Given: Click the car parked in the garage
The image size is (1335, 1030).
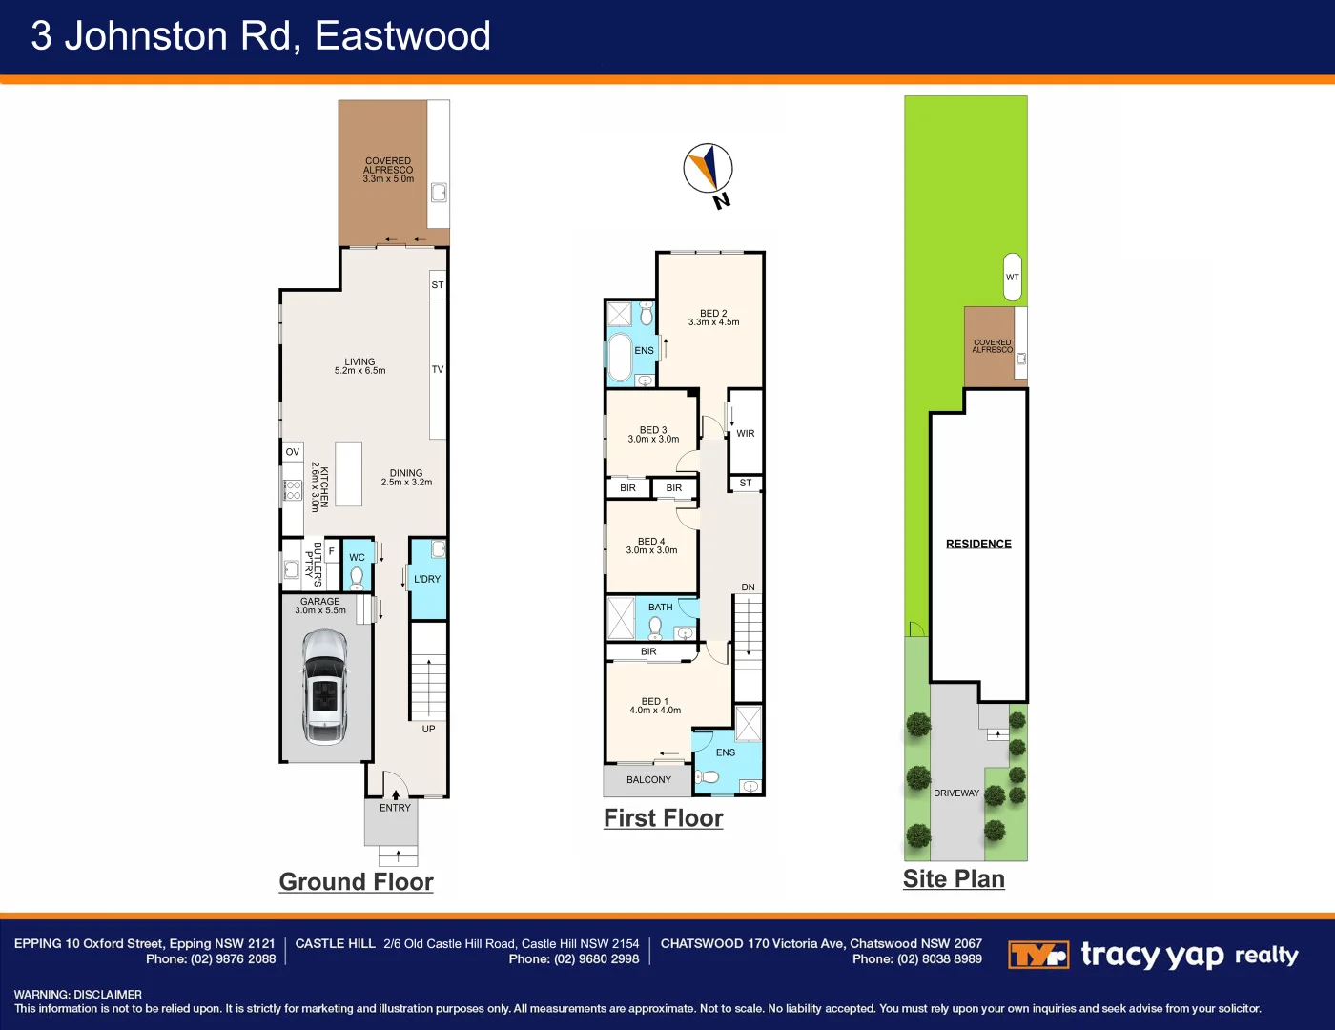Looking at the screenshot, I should pos(324,687).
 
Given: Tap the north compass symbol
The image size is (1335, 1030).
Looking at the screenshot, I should pos(709,170).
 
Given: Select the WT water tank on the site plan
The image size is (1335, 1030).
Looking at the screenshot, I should pos(1013,277).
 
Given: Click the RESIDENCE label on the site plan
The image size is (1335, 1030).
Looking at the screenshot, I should pos(978,544).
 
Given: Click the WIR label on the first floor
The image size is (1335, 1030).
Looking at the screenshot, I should pos(746,433).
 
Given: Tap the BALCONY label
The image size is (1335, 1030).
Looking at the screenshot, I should pos(648,779).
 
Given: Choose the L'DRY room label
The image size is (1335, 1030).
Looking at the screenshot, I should pos(427,579).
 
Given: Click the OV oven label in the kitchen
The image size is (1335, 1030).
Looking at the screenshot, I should pos(293,452).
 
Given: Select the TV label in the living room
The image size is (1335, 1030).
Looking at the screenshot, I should pos(438,369).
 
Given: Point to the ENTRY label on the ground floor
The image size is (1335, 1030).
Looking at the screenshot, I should pos(395,808).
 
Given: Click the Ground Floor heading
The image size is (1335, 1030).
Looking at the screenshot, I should pos(356,881).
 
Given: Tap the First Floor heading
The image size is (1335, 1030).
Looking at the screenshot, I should pos(664,818).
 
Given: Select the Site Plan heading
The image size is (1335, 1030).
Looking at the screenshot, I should pos(954,878).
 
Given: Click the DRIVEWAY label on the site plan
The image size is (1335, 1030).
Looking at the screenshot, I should pos(956,793).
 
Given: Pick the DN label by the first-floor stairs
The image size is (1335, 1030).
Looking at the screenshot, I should pos(748,587).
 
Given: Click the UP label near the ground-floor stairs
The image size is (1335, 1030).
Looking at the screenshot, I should pos(428,729).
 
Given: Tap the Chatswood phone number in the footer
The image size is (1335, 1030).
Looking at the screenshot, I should pos(916,959).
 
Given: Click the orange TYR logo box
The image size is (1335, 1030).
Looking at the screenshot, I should pos(1037,955).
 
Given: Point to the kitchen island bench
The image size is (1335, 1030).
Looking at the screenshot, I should pos(348,473).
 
